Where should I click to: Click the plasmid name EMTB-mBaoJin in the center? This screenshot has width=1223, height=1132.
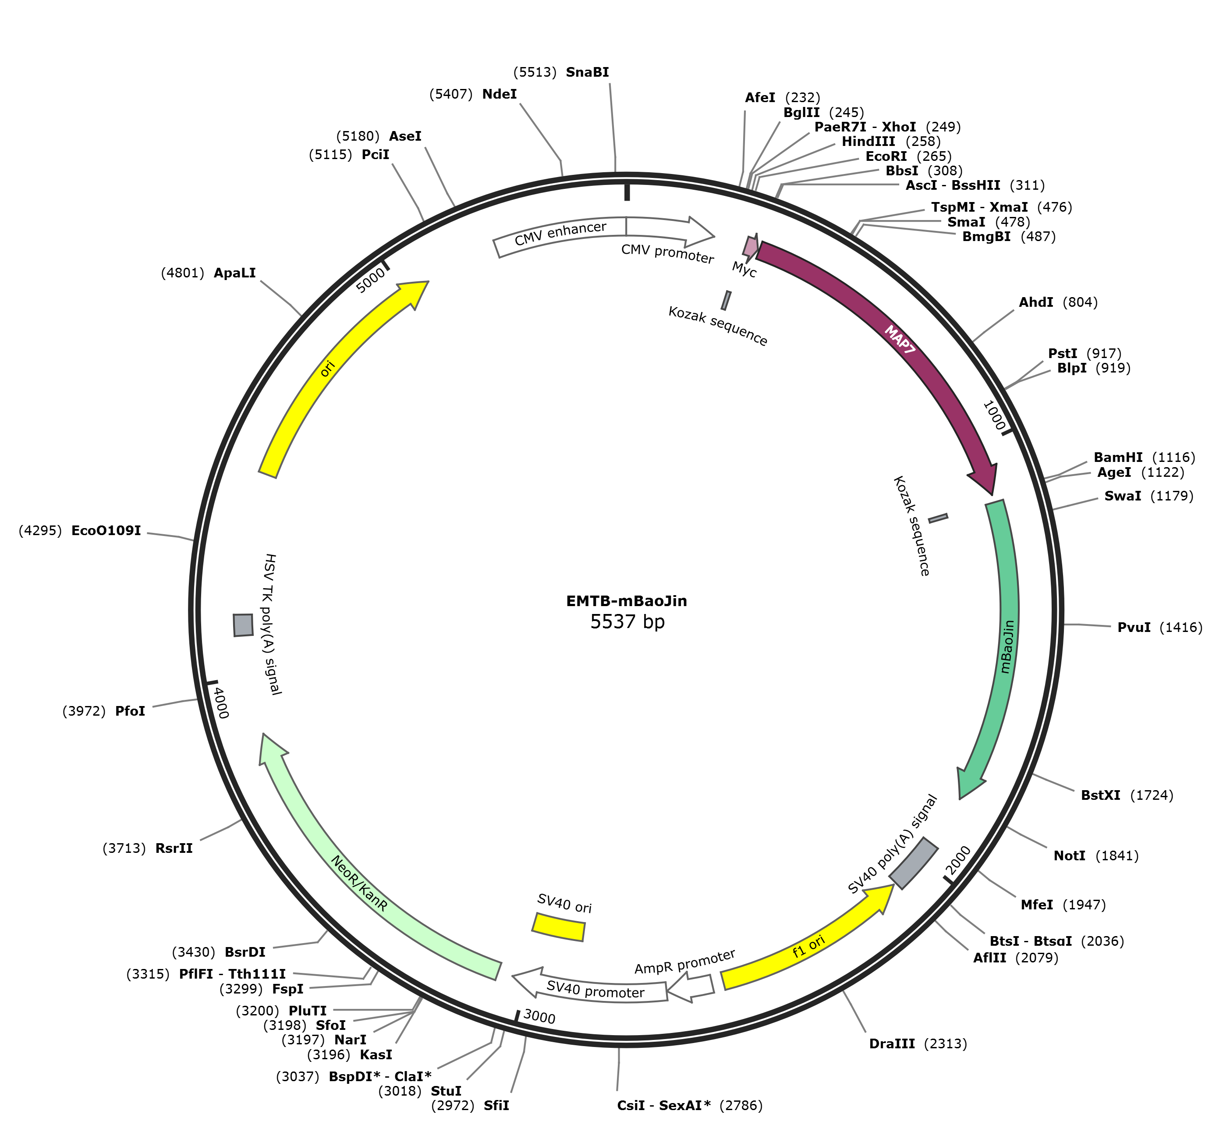627,601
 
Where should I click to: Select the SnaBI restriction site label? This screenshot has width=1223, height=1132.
587,72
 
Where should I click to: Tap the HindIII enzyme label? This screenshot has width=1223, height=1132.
869,142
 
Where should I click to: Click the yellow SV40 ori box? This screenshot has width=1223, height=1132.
559,927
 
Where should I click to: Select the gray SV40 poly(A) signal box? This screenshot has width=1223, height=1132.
913,863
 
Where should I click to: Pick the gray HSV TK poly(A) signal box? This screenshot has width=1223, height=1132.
243,625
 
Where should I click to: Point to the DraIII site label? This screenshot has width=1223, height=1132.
892,1043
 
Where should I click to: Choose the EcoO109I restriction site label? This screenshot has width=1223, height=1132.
106,530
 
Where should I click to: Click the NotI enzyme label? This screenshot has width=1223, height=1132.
1069,856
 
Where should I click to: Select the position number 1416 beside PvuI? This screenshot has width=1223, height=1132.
1181,627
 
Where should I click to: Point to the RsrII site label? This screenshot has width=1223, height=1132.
174,848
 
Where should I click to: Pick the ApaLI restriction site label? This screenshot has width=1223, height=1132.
234,273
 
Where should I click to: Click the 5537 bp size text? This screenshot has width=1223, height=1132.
627,622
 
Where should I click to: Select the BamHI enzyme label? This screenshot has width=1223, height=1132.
1118,457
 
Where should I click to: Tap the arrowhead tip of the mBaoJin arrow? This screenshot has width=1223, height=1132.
960,799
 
